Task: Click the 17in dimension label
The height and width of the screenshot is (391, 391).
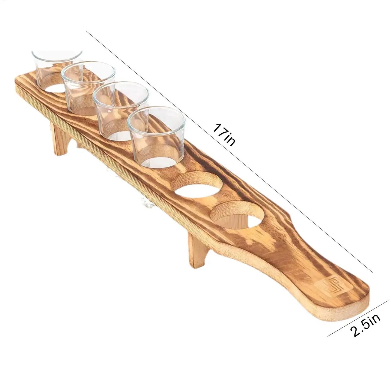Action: (x=224, y=134)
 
